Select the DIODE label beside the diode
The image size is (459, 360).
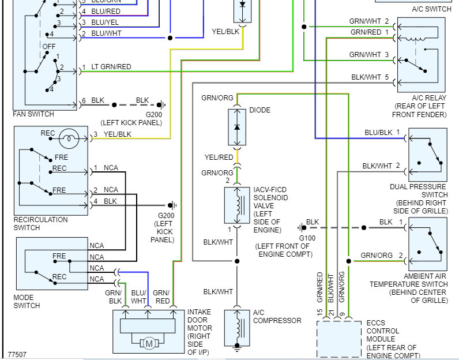click(260, 110)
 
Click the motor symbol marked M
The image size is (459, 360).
click(149, 344)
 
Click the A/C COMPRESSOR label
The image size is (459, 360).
click(277, 317)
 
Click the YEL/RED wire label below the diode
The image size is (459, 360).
click(219, 157)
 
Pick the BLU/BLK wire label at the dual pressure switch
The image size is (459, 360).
click(378, 132)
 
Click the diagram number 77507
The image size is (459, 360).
click(17, 354)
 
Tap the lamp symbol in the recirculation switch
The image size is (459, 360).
click(69, 137)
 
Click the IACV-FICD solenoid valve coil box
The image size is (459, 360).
click(236, 205)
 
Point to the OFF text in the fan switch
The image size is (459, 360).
click(49, 46)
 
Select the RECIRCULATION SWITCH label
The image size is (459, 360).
click(40, 223)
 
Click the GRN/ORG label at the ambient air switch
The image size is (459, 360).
click(377, 255)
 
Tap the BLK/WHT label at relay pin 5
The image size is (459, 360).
click(366, 77)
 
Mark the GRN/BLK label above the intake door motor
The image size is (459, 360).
click(115, 297)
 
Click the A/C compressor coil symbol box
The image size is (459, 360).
click(236, 327)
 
